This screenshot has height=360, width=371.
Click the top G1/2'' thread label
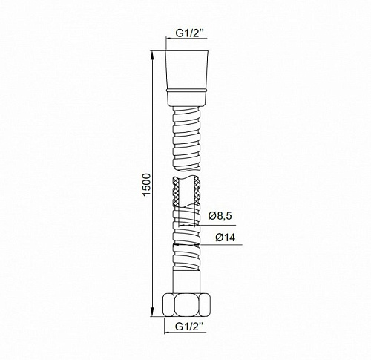click(191, 33)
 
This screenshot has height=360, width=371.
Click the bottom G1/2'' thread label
click(191, 327)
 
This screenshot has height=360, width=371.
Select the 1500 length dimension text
click(147, 185)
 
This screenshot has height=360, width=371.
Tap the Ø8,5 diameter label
click(220, 216)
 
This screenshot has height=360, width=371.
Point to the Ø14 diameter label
click(226, 238)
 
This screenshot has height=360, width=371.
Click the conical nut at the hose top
click(187, 70)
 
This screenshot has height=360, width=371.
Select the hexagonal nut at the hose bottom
click(187, 305)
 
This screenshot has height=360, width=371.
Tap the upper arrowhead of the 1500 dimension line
click(152, 55)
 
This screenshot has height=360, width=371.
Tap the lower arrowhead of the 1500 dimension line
click(152, 312)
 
